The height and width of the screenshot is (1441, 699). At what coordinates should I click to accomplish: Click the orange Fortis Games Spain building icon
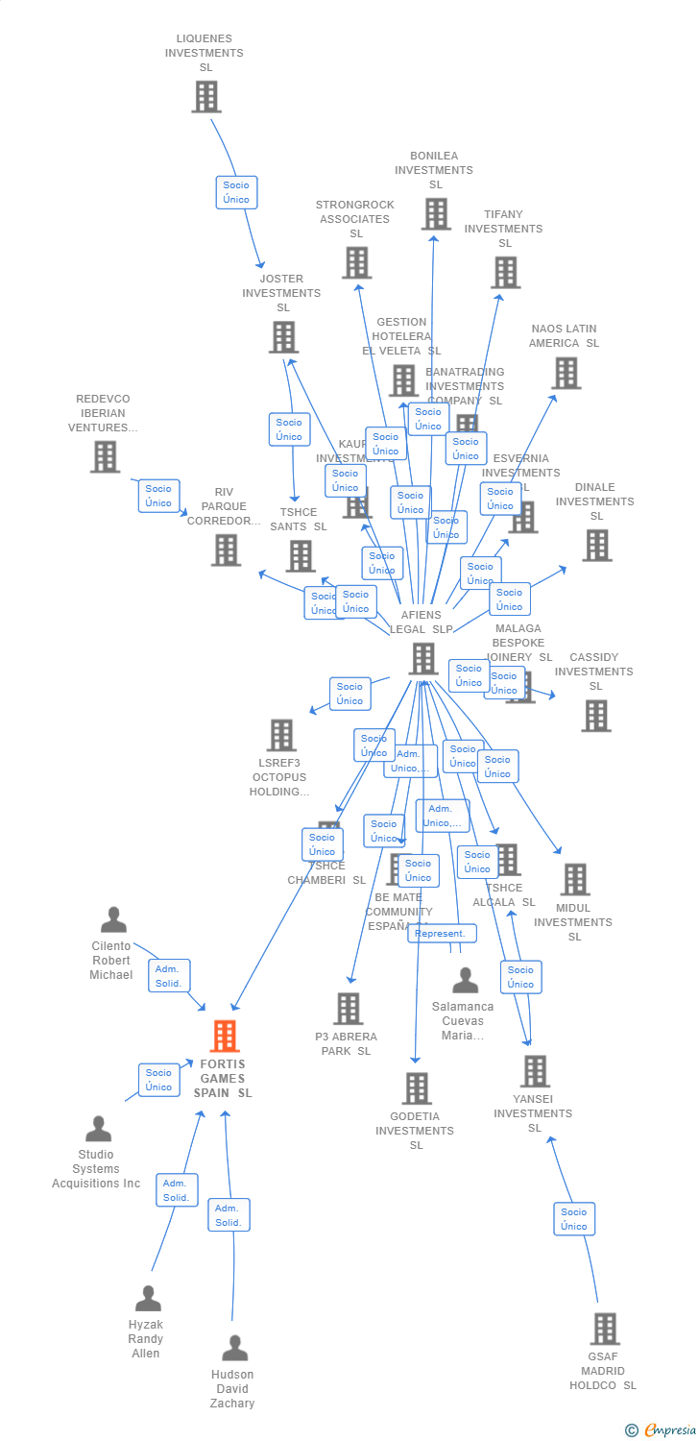(x=225, y=1037)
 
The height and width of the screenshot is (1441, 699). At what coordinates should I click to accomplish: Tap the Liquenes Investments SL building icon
(x=205, y=97)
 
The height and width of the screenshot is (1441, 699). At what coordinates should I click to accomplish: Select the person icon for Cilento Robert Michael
(x=113, y=920)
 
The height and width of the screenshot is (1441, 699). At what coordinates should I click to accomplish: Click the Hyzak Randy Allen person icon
(x=148, y=1299)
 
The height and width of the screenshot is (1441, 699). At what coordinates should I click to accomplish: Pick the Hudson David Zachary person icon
(x=234, y=1349)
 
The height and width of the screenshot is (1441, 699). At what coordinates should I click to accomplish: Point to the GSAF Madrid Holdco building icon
(x=604, y=1329)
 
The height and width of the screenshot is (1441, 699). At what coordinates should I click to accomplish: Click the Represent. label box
(x=442, y=933)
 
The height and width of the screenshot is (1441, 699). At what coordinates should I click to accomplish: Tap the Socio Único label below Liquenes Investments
(x=236, y=192)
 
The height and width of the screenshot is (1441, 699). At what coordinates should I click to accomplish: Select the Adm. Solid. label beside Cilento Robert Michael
(x=169, y=976)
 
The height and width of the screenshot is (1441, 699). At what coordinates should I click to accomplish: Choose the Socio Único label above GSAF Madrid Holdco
(x=574, y=1219)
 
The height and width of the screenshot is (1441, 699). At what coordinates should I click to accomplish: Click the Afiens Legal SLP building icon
(x=423, y=659)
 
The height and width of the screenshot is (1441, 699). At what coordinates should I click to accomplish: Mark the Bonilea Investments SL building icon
(x=435, y=214)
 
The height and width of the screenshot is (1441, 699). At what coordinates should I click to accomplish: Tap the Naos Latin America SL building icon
(x=566, y=373)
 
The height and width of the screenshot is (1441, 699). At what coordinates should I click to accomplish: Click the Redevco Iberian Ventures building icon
(x=106, y=456)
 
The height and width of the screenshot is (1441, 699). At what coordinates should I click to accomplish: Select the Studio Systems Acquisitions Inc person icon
(x=98, y=1129)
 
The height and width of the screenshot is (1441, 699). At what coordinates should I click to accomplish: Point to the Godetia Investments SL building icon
(x=416, y=1088)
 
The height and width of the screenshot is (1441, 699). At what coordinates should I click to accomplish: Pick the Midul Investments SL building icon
(x=574, y=879)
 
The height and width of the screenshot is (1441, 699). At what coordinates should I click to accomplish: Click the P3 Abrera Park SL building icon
(x=348, y=1009)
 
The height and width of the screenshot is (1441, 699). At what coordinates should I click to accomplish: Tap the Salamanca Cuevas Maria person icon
(x=466, y=981)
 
